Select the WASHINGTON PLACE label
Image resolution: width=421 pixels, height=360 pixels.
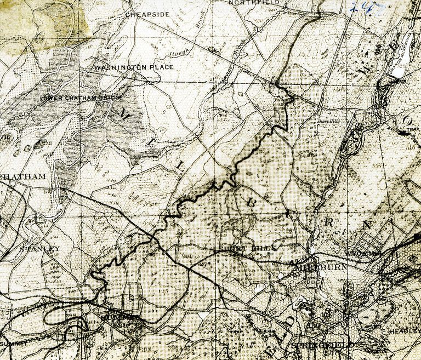tap(133, 67)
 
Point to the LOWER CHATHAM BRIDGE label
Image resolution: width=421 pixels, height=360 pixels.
tap(81, 98)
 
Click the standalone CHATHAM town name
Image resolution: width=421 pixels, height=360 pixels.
tap(22, 177)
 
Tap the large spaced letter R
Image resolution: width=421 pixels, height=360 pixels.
tap(328, 221)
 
